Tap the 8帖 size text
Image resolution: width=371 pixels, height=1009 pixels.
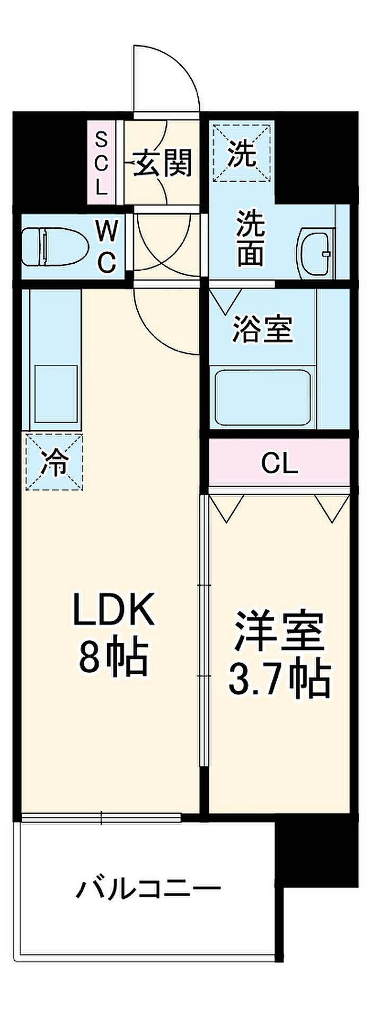pyautogui.click(x=112, y=656)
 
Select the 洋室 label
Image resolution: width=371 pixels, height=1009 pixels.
pyautogui.click(x=279, y=631)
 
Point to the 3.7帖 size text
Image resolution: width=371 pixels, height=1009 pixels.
pyautogui.click(x=279, y=678)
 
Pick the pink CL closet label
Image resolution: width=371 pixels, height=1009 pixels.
pyautogui.click(x=279, y=464)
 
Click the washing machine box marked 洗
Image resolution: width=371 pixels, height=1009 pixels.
pyautogui.click(x=242, y=152)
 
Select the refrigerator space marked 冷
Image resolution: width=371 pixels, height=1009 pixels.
pyautogui.click(x=55, y=461)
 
